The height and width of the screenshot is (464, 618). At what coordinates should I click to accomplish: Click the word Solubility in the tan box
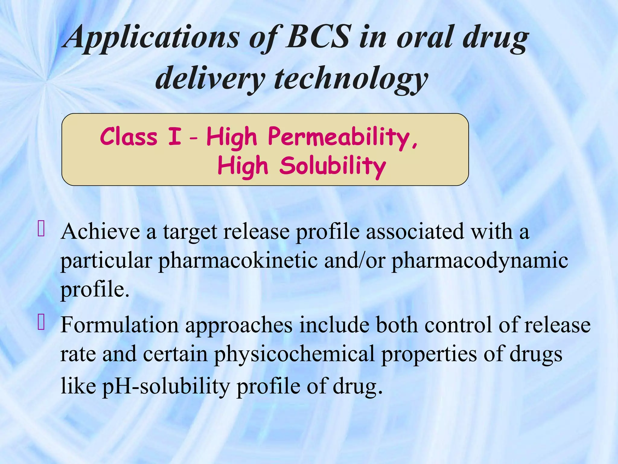pyautogui.click(x=333, y=166)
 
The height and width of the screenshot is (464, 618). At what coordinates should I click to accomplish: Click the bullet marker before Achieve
pyautogui.click(x=41, y=228)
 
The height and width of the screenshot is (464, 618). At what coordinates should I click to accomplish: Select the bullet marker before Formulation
pyautogui.click(x=41, y=322)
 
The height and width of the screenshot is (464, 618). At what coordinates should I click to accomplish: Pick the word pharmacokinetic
pyautogui.click(x=238, y=260)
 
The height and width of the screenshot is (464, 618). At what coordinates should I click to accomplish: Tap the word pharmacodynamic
pyautogui.click(x=480, y=260)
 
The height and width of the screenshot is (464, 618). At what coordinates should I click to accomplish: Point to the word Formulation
pyautogui.click(x=119, y=325)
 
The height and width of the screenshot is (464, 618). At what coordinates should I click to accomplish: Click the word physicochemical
pyautogui.click(x=294, y=354)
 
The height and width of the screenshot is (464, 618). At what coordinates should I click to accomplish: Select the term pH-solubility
pyautogui.click(x=166, y=386)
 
